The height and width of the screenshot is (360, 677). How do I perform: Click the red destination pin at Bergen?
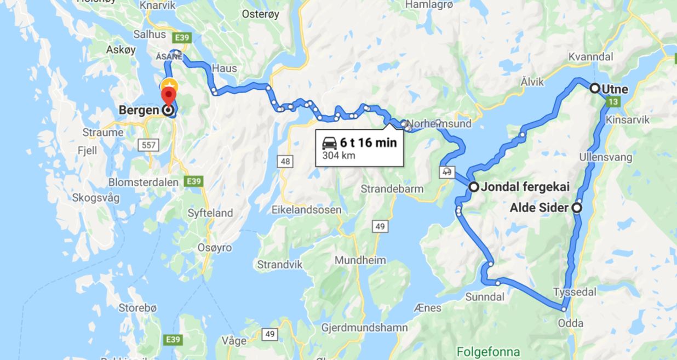(169, 96)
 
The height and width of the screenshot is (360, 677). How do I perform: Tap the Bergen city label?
(140, 110)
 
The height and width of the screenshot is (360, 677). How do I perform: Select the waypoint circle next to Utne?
(594, 88)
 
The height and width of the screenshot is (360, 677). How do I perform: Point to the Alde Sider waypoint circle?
(576, 208)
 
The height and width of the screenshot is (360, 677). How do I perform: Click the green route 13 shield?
(613, 101)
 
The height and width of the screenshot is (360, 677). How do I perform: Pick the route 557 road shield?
(150, 145)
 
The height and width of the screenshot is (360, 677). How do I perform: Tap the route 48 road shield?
(286, 161)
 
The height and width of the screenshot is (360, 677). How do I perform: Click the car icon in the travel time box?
(329, 144)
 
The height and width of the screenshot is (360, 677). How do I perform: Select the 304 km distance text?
(339, 156)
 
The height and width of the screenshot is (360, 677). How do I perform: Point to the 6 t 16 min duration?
(368, 143)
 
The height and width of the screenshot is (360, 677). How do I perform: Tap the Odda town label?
(570, 323)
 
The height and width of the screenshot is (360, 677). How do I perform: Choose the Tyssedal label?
(574, 292)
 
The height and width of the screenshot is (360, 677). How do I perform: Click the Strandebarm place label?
(392, 189)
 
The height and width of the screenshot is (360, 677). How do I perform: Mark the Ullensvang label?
(606, 157)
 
